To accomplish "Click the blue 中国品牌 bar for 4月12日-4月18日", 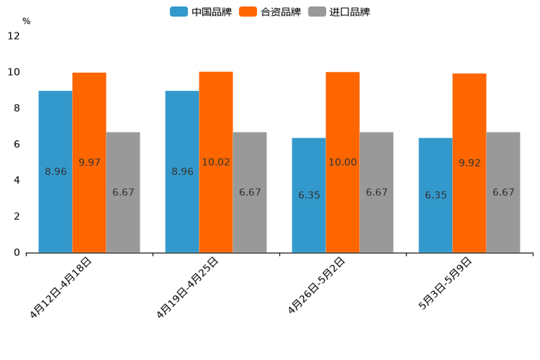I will [55, 171].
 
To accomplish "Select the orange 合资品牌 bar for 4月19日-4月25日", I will [216, 162].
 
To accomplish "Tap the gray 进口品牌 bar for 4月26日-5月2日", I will [376, 192].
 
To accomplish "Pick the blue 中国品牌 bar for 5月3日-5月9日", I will [435, 195].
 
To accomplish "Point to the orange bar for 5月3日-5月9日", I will [469, 163].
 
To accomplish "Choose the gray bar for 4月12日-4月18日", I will [123, 192].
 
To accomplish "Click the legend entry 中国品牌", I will [200, 12].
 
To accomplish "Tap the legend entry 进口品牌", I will [339, 12].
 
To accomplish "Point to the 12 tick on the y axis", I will [14, 36].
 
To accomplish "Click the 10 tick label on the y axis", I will [14, 73].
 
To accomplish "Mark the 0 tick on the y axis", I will [17, 253].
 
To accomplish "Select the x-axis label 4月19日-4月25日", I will [188, 287].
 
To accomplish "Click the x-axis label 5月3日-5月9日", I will [445, 284].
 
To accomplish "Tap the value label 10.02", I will [216, 163].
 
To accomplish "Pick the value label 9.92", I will [470, 163].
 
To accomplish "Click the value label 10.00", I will [343, 163].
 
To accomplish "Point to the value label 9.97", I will [89, 163].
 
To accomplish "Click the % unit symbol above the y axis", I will [26, 22].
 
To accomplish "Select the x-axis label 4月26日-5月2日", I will [316, 285].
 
